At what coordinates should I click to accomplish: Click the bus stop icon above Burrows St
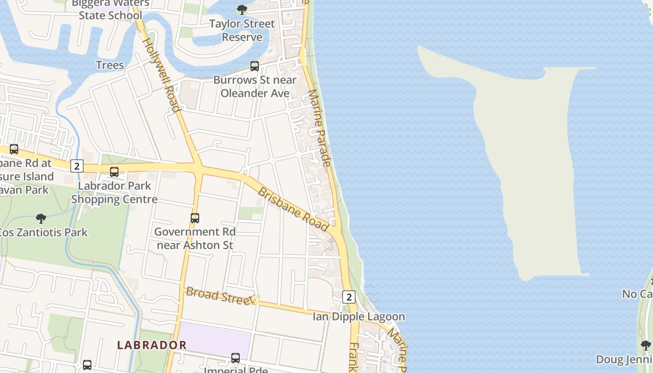pyautogui.click(x=255, y=66)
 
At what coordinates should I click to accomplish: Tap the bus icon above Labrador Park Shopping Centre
pyautogui.click(x=114, y=172)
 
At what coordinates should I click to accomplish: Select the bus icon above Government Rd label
pyautogui.click(x=195, y=218)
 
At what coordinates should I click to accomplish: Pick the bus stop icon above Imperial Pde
pyautogui.click(x=236, y=358)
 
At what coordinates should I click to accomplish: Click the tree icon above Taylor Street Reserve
pyautogui.click(x=242, y=9)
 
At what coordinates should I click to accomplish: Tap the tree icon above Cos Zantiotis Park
pyautogui.click(x=41, y=218)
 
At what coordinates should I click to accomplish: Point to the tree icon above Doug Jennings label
pyautogui.click(x=646, y=345)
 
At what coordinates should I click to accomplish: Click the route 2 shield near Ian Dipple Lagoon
pyautogui.click(x=349, y=297)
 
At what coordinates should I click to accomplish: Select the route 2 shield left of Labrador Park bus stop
pyautogui.click(x=77, y=166)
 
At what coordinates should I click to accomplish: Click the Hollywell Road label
pyautogui.click(x=161, y=75)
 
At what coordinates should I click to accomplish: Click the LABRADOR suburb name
pyautogui.click(x=152, y=345)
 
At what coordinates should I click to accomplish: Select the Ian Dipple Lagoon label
pyautogui.click(x=359, y=317)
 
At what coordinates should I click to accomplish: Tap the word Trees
pyautogui.click(x=110, y=65)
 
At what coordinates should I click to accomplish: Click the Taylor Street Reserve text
pyautogui.click(x=242, y=30)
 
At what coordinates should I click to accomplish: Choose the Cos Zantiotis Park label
pyautogui.click(x=43, y=232)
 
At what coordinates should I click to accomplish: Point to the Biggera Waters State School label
pyautogui.click(x=111, y=9)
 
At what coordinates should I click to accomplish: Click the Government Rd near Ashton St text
pyautogui.click(x=195, y=238)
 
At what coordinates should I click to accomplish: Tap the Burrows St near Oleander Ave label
pyautogui.click(x=255, y=87)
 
